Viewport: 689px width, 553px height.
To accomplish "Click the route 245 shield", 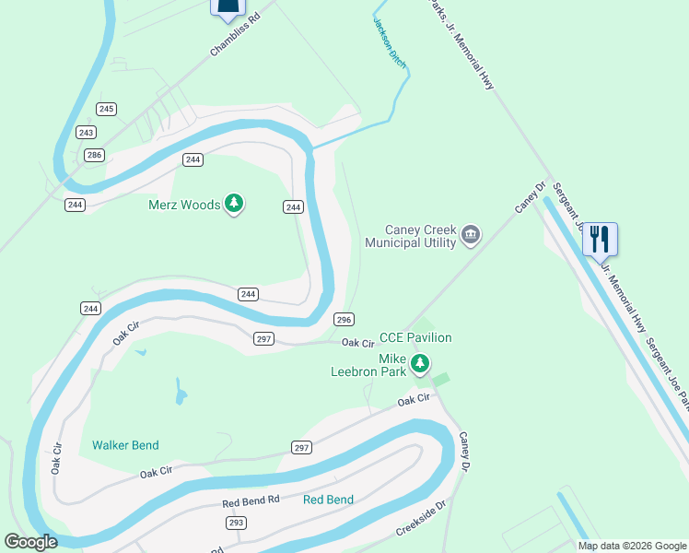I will [x=107, y=109].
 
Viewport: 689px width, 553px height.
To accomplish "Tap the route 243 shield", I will [x=87, y=133].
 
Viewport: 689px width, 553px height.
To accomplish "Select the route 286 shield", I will [x=93, y=155].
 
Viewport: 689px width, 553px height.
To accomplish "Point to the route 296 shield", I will [x=344, y=319].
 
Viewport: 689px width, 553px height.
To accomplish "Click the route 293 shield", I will [x=236, y=522].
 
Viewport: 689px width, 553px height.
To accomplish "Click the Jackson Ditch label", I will [x=388, y=41].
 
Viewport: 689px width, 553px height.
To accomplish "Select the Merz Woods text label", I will [x=184, y=204].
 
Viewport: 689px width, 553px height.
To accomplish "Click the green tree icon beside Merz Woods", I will [x=234, y=203].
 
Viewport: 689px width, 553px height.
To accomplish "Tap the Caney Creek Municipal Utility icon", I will [x=471, y=235].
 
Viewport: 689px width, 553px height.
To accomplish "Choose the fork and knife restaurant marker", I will [x=600, y=239].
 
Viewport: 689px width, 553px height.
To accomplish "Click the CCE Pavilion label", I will [x=415, y=338].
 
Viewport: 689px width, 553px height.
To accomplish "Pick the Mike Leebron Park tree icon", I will [x=420, y=365].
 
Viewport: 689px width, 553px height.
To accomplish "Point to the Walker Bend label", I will [x=125, y=445].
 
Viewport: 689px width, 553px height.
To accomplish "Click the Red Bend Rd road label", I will [x=251, y=501].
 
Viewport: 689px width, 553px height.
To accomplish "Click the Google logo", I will [x=30, y=542].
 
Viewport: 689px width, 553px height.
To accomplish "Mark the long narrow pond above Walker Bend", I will [x=181, y=395].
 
